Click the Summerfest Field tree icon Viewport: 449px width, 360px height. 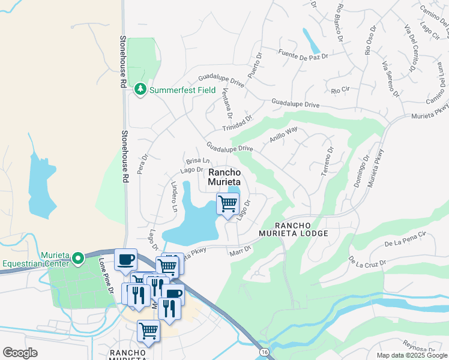tap(140, 89)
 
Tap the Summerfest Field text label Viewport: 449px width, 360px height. tap(182, 90)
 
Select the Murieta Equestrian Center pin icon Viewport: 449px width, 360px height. tap(78, 259)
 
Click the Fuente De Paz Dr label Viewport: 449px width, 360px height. tap(304, 55)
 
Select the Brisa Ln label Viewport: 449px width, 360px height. tap(197, 161)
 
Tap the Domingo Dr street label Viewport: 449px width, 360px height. tap(361, 172)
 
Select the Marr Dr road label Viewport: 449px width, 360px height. tap(240, 253)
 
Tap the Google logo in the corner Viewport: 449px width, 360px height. tap(20, 352)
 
